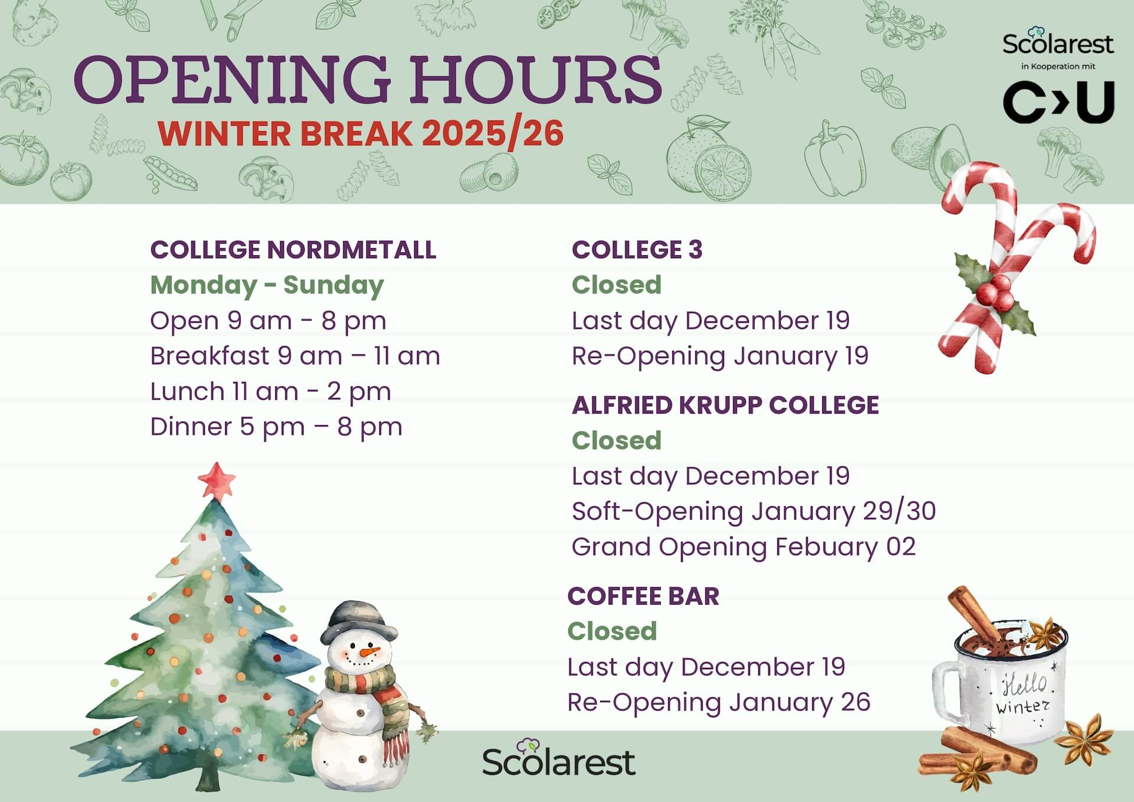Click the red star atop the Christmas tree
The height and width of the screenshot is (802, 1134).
point(216,480)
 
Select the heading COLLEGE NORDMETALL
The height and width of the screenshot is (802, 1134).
point(293,250)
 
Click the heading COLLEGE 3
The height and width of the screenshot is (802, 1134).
point(637,250)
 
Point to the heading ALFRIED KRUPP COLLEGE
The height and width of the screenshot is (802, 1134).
point(725,405)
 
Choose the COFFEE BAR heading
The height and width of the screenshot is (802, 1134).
point(643,596)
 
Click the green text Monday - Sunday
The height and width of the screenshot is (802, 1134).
point(267,285)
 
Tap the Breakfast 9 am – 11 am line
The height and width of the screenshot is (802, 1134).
point(295,356)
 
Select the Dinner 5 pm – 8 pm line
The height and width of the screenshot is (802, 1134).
point(276,427)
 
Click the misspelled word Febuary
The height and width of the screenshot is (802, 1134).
point(826,547)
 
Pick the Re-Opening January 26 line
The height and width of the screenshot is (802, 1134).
point(718,702)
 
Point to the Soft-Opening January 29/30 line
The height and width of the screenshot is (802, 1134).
point(753,511)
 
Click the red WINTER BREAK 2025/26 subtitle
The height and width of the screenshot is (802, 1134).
point(360,133)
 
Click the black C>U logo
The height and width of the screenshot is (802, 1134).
point(1058,102)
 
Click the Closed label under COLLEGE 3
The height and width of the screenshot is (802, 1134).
point(616,285)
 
